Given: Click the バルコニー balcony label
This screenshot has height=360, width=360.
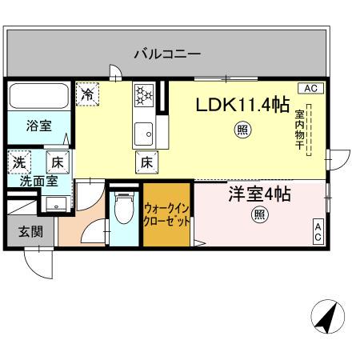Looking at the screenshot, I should (x=166, y=54).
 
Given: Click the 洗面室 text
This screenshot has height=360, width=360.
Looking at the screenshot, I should (x=38, y=181).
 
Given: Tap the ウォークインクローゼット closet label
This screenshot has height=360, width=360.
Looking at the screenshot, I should (x=166, y=215).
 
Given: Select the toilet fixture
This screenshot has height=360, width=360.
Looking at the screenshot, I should (x=123, y=212).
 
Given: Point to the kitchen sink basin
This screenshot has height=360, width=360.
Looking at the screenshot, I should (x=144, y=132).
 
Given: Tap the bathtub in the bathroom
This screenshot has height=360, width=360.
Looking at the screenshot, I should (x=40, y=98).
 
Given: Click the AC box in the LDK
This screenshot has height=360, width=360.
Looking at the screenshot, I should (x=310, y=88).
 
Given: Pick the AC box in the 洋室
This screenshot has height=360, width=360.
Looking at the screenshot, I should (x=317, y=232).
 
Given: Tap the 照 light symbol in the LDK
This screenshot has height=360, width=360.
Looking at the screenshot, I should (x=241, y=131).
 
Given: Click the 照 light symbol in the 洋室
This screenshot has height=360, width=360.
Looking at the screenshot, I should (x=259, y=214).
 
